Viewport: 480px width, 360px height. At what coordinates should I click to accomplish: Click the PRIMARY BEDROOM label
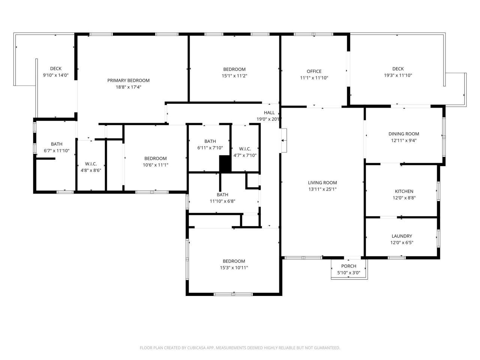pyautogui.click(x=128, y=80)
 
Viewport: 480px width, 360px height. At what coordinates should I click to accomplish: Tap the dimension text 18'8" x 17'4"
pyautogui.click(x=128, y=87)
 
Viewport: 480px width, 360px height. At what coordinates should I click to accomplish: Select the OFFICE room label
pyautogui.click(x=314, y=71)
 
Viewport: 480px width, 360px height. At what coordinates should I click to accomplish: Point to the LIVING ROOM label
pyautogui.click(x=322, y=183)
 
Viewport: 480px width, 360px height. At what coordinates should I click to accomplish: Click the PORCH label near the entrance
pyautogui.click(x=349, y=266)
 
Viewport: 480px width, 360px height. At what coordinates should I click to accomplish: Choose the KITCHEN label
pyautogui.click(x=404, y=191)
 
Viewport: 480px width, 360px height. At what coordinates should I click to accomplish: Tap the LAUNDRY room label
pyautogui.click(x=402, y=236)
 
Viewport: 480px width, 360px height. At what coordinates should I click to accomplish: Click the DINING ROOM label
pyautogui.click(x=403, y=134)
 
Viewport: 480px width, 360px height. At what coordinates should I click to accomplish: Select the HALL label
pyautogui.click(x=269, y=112)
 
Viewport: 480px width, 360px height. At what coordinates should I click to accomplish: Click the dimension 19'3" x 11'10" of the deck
pyautogui.click(x=398, y=75)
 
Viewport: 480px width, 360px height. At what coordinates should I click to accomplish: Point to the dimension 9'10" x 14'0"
pyautogui.click(x=55, y=75)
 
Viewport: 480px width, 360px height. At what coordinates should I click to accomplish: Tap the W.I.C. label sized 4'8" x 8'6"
pyautogui.click(x=91, y=164)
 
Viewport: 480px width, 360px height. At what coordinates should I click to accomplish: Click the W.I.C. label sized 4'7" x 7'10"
pyautogui.click(x=245, y=149)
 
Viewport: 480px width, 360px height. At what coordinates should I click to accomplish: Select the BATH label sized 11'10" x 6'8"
pyautogui.click(x=222, y=195)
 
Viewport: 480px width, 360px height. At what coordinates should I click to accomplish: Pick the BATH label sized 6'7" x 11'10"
pyautogui.click(x=57, y=144)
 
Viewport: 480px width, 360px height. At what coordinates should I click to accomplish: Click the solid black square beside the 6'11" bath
pyautogui.click(x=225, y=163)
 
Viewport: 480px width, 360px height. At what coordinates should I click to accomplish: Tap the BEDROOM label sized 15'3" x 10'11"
pyautogui.click(x=234, y=261)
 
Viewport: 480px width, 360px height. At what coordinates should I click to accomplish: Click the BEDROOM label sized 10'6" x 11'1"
pyautogui.click(x=155, y=158)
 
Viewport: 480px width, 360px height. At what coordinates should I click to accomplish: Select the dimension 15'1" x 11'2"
pyautogui.click(x=234, y=76)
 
